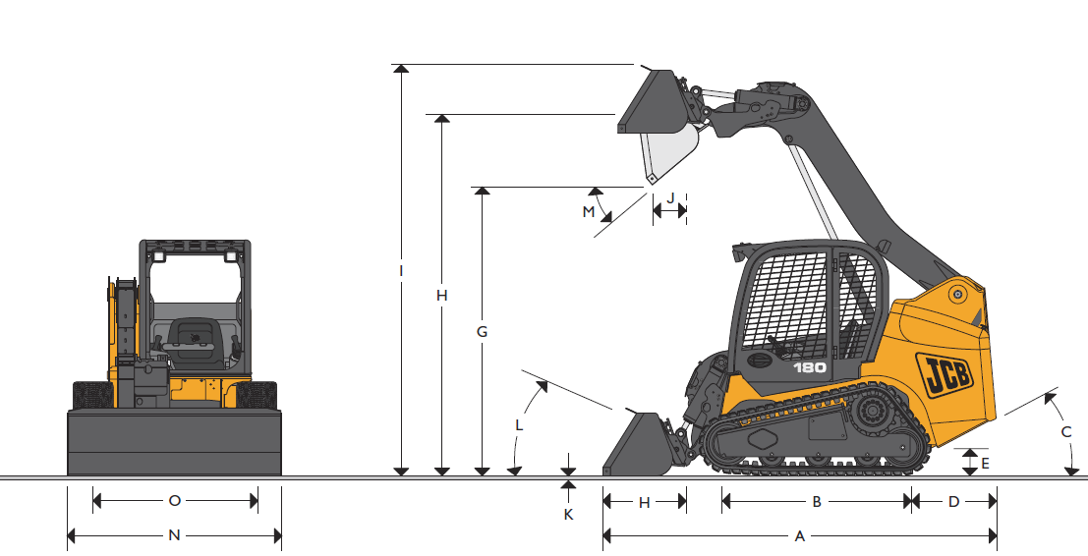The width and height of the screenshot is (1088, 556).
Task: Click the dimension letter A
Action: [799, 536]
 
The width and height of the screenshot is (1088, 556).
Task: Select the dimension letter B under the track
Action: [816, 502]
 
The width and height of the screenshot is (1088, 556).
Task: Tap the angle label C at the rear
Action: [1065, 431]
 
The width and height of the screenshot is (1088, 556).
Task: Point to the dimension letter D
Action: [953, 502]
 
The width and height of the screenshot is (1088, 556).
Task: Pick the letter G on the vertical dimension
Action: [482, 332]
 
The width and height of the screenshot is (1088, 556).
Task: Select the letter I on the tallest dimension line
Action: [401, 269]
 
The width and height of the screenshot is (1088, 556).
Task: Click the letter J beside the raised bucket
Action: [670, 198]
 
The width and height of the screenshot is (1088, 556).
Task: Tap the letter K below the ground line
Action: [568, 513]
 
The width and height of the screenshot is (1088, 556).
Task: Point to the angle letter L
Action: [520, 425]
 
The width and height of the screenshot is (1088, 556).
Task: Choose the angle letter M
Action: [589, 211]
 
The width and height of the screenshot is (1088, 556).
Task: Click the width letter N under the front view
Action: [174, 535]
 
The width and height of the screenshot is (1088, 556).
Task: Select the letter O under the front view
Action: [174, 501]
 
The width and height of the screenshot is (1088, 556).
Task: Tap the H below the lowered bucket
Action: [645, 502]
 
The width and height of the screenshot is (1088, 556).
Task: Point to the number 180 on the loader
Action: [810, 367]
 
